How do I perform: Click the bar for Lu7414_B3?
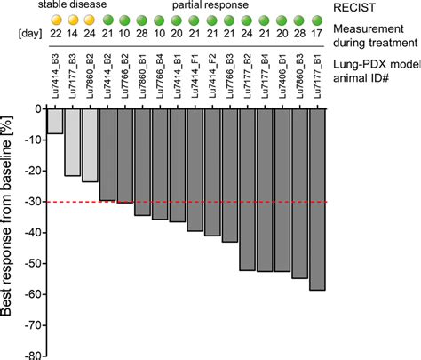coord(55,121)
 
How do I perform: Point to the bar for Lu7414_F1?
coord(194,169)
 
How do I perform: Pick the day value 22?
coord(55,36)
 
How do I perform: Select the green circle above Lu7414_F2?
coord(211,20)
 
